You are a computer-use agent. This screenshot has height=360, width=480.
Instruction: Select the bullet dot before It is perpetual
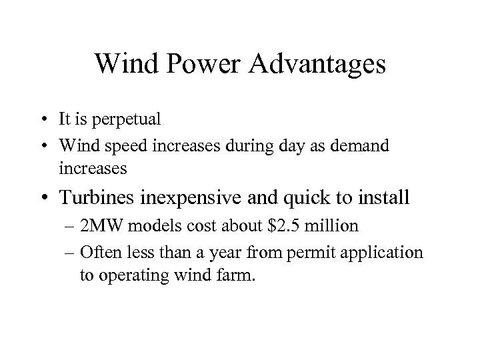61,121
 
